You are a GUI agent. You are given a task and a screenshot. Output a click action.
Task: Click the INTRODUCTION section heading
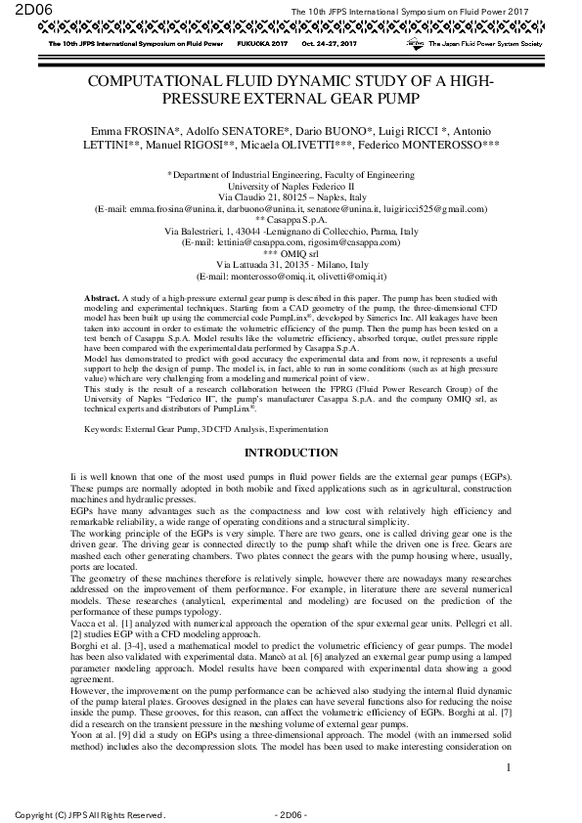[x=291, y=454]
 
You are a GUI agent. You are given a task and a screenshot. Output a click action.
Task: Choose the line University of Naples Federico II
[x=291, y=185]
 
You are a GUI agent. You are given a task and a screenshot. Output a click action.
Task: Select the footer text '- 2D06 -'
[x=292, y=813]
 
